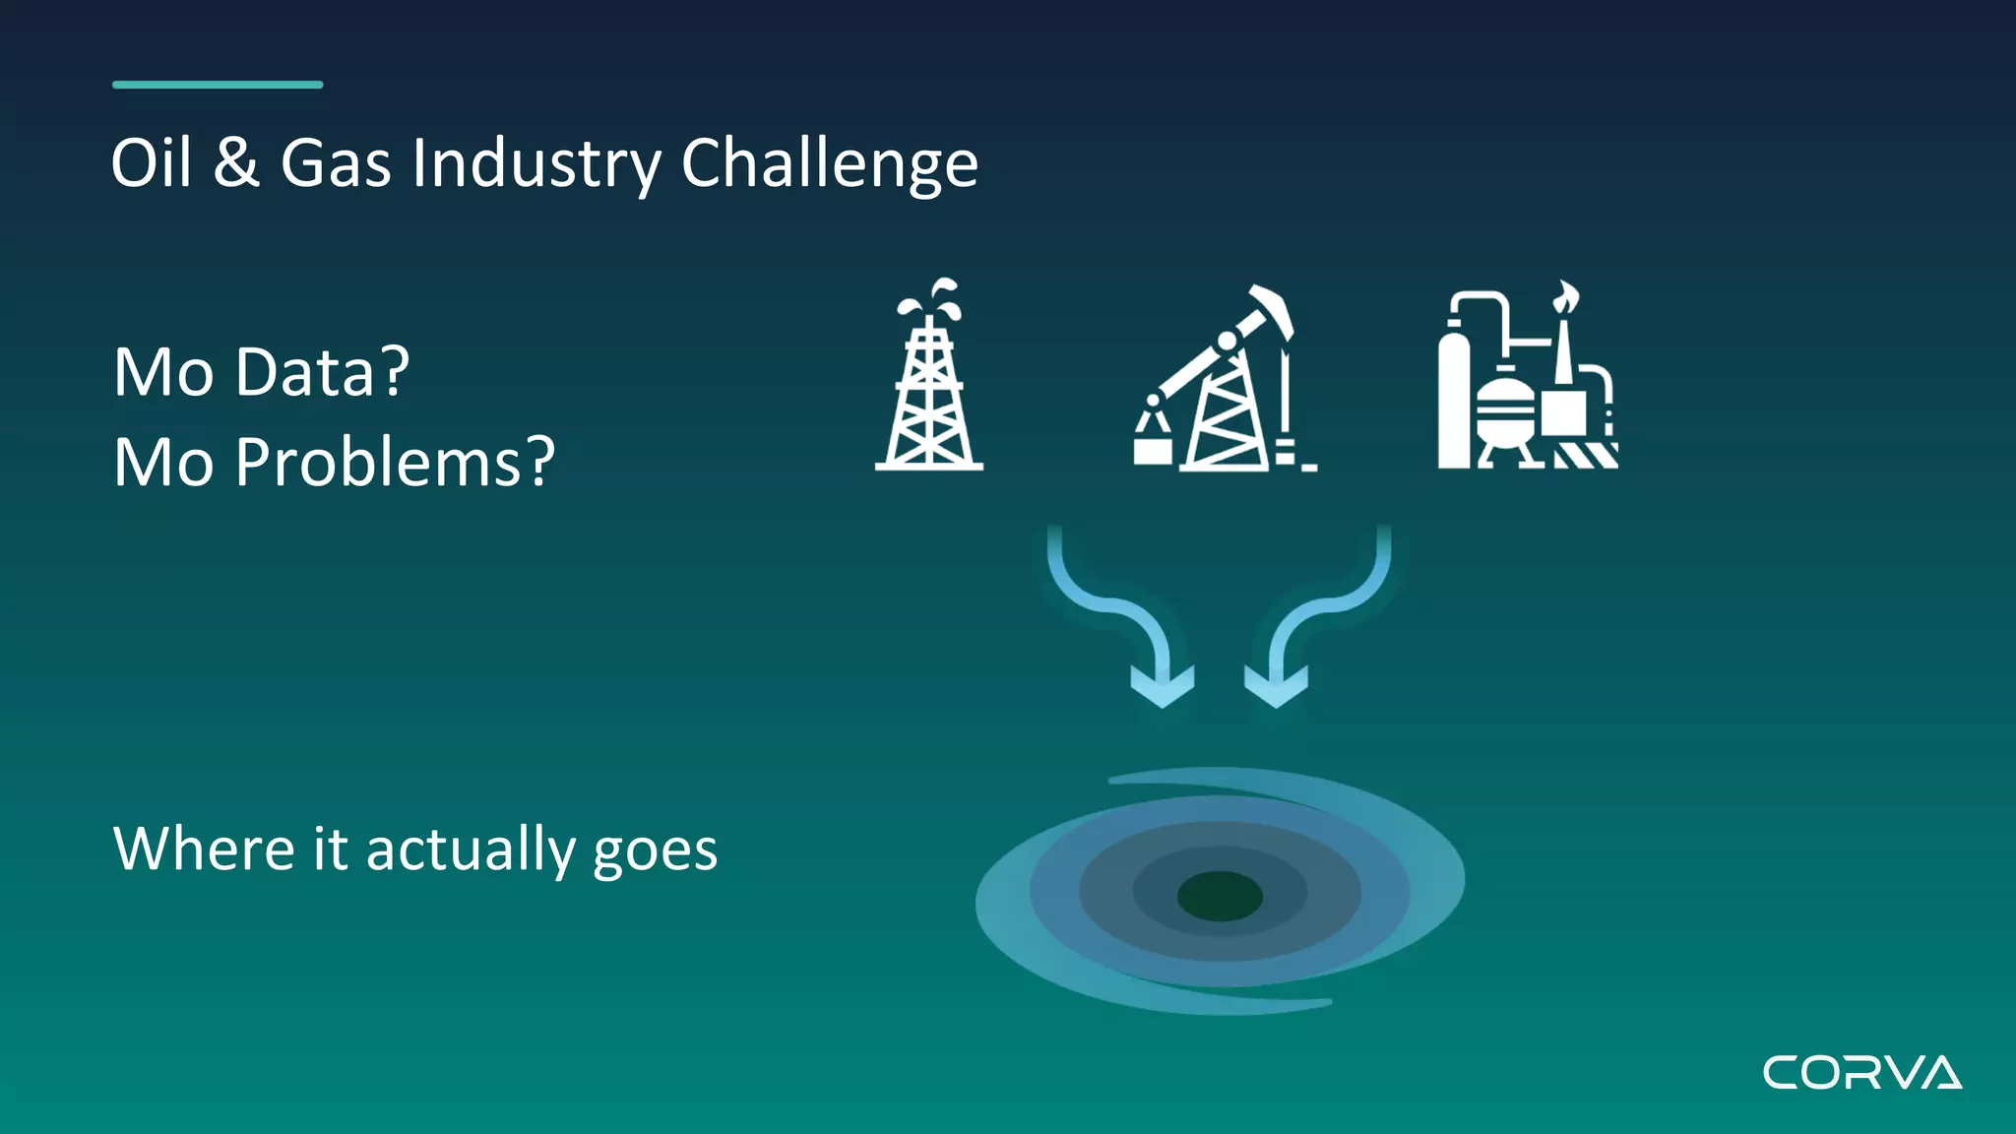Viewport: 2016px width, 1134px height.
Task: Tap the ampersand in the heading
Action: (x=236, y=162)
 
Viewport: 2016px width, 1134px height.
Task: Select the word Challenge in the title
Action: (x=829, y=164)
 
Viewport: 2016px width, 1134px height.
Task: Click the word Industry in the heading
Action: (x=536, y=164)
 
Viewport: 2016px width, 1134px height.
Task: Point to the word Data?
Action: (x=322, y=372)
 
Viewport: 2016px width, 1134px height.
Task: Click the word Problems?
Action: (x=395, y=463)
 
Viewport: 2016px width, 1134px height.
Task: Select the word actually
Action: (x=471, y=850)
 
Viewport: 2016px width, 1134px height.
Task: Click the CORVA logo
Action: (x=1861, y=1073)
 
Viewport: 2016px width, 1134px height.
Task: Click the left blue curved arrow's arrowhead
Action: (x=1163, y=686)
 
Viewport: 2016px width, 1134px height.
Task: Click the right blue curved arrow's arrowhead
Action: (x=1276, y=686)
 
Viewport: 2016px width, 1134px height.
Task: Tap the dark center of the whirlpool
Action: (x=1220, y=896)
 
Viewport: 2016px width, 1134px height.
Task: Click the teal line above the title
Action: (x=218, y=85)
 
